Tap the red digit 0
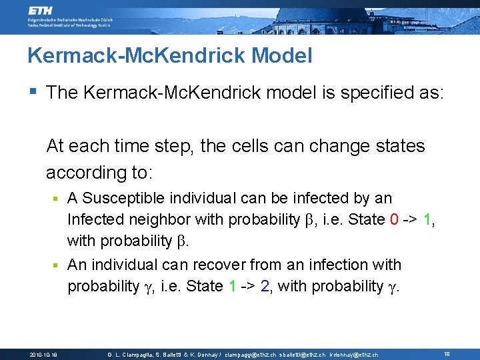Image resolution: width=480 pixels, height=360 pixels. click(399, 219)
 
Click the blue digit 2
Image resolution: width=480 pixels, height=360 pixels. click(265, 286)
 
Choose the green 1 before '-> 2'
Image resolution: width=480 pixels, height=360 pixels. click(232, 286)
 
